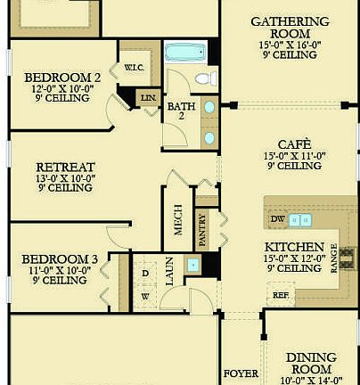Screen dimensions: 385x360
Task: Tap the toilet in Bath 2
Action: tap(206, 79)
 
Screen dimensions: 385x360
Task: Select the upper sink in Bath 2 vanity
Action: tap(209, 108)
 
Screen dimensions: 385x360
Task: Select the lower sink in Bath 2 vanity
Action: tap(209, 137)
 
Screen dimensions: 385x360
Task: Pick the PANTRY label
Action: tap(203, 229)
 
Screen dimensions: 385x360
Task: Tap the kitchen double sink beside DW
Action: tap(300, 219)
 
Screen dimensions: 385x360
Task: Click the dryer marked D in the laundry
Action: tap(144, 271)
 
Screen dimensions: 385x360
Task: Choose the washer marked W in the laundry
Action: tap(144, 296)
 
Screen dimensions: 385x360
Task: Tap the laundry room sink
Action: tap(192, 266)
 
